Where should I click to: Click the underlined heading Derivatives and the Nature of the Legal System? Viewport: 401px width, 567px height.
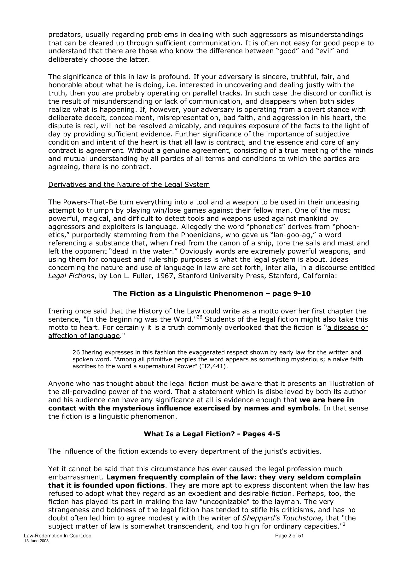pos(129,184)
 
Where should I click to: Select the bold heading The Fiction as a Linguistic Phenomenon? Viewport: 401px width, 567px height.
pos(212,294)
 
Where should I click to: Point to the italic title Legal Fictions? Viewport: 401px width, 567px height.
pos(71,276)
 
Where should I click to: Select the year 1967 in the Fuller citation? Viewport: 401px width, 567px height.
pos(155,276)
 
